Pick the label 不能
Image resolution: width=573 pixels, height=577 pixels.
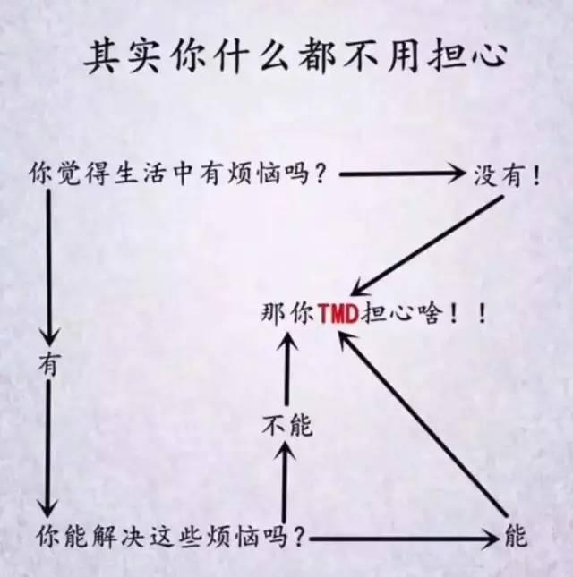286,427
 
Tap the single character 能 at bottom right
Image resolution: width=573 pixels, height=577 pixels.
517,537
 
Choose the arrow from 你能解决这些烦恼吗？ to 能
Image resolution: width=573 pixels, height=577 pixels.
403,539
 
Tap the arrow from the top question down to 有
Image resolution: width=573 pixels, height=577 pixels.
48,268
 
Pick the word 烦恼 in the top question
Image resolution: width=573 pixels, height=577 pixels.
257,174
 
